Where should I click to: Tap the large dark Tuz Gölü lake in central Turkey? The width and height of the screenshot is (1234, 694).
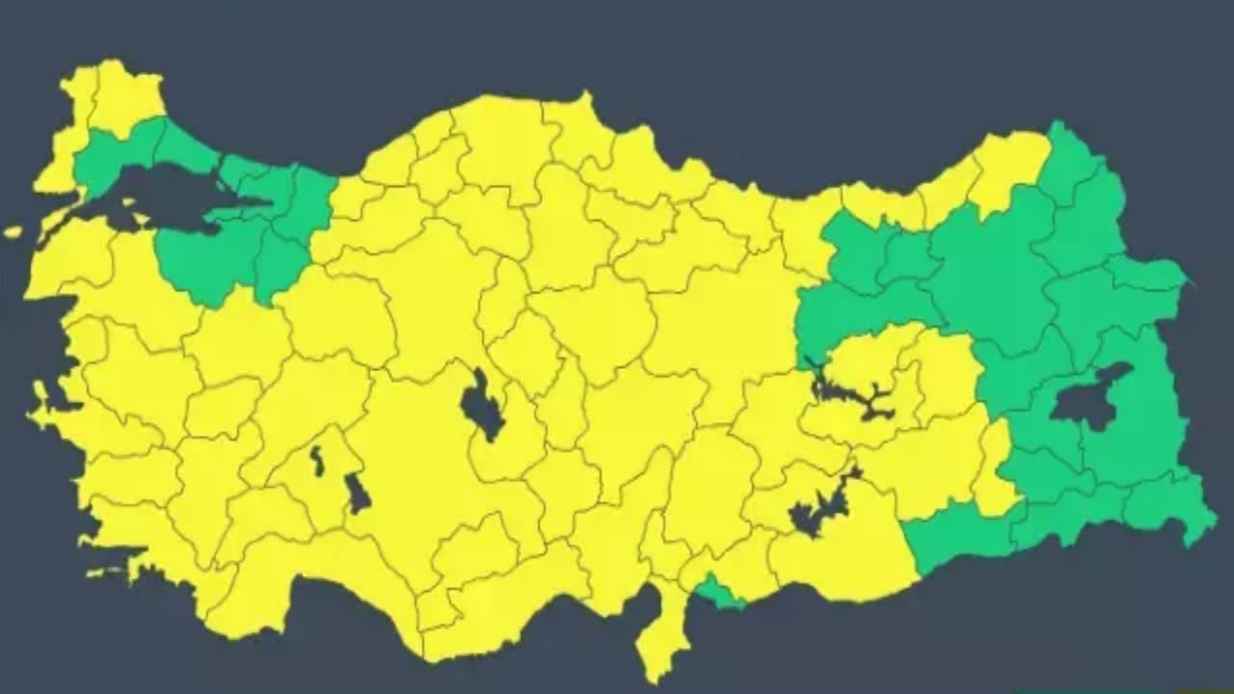tap(480, 405)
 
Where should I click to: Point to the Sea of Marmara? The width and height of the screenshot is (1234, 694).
tap(164, 193)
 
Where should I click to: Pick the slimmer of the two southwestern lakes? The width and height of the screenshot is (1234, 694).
tap(316, 460)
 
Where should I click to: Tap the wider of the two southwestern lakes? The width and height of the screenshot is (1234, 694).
tap(357, 493)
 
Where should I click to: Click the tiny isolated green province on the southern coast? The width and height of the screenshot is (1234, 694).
tap(718, 591)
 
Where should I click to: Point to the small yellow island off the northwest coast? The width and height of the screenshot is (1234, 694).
tap(13, 232)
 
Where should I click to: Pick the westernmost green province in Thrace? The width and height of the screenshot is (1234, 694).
tap(106, 159)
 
